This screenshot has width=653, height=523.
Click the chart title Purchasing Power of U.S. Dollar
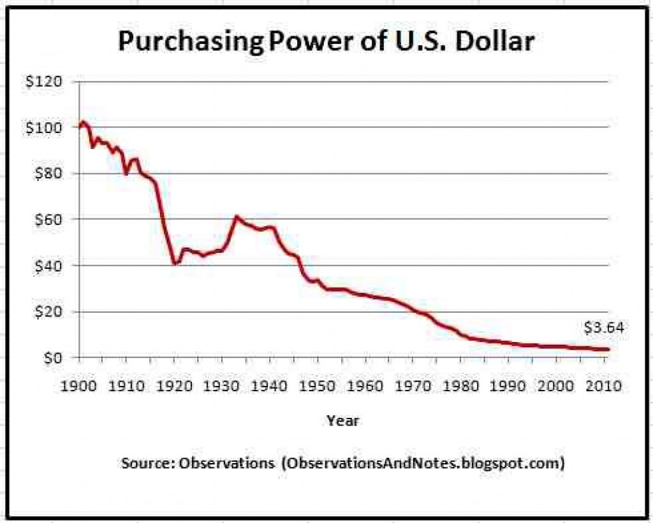coord(326,42)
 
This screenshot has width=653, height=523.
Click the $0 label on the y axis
coord(52,357)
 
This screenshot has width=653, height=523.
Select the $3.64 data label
coord(603,328)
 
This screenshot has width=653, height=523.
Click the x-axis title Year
coord(342,420)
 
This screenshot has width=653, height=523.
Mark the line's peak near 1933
coord(236,217)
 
